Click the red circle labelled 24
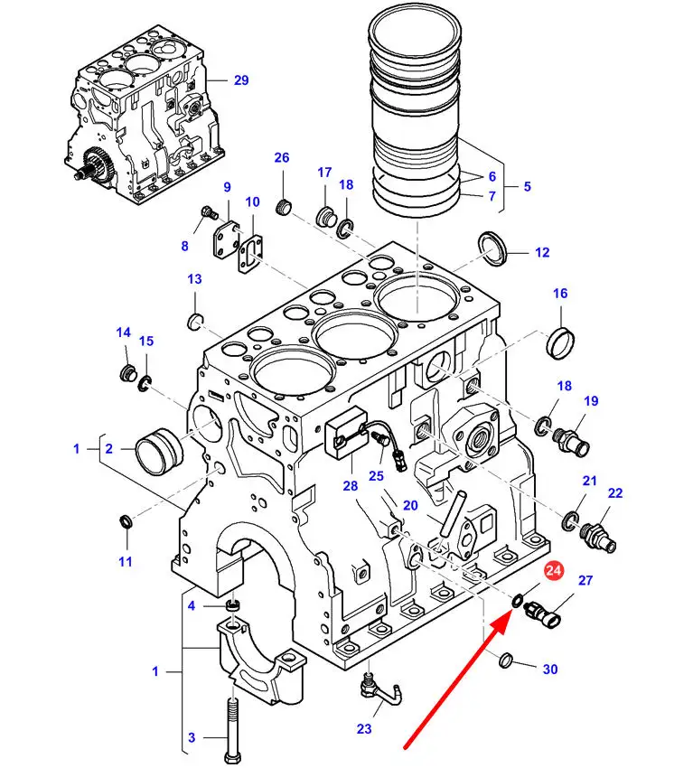point(552,571)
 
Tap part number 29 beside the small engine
point(240,80)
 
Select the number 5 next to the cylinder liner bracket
point(527,188)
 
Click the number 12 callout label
point(542,253)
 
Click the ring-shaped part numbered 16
point(560,342)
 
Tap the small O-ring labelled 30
point(507,662)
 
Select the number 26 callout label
point(282,158)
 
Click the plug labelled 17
point(324,218)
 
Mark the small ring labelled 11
point(126,522)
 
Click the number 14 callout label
point(124,333)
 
